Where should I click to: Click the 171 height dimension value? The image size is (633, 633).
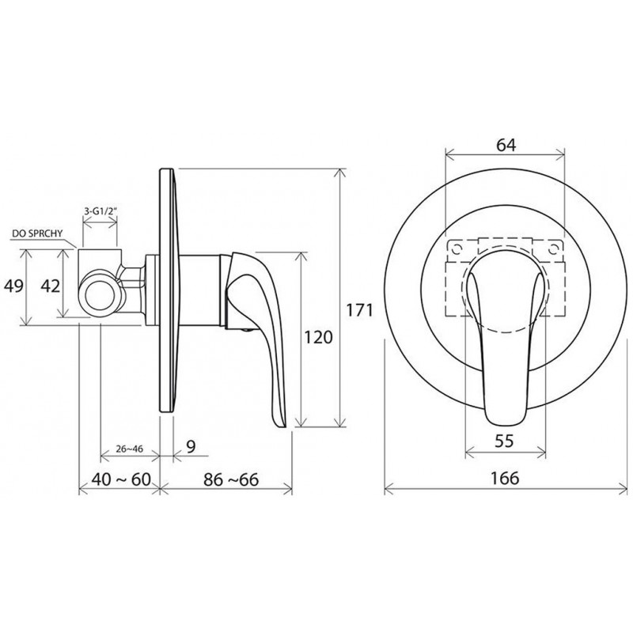pos(360,310)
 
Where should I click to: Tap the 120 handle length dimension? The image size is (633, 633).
pos(318,337)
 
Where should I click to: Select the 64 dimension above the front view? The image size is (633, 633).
pos(506,145)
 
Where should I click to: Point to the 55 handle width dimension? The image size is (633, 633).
pos(504,441)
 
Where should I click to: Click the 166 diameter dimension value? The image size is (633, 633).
pos(505,478)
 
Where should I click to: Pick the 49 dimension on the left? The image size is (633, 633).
pos(13,286)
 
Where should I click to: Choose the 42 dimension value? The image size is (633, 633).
pos(51,286)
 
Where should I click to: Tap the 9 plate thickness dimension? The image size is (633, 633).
pos(191,446)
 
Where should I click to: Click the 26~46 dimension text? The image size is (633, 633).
pos(129,449)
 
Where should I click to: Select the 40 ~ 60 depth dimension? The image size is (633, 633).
pos(121,479)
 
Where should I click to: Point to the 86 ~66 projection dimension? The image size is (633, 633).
pos(231,479)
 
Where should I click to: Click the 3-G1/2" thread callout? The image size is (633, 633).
pos(100,210)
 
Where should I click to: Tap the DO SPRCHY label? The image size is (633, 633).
pos(37,233)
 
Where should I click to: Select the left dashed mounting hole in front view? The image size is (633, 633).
pos(457,249)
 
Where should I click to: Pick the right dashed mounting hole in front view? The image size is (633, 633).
pos(553,250)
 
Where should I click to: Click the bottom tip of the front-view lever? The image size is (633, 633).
pos(506,424)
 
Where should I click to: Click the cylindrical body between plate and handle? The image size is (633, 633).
pos(199,290)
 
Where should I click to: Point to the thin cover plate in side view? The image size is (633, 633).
pos(168,290)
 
